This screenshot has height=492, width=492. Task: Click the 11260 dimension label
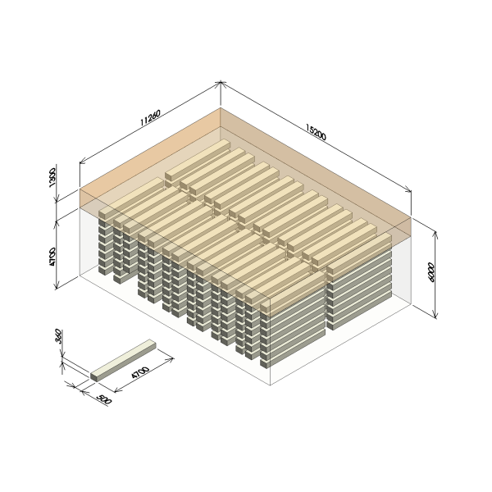tap(150, 117)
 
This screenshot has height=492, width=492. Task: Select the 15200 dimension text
tap(316, 132)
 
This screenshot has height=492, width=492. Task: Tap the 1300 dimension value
tap(52, 178)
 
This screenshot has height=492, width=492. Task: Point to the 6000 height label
tap(431, 272)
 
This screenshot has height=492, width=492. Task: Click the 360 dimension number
tap(59, 336)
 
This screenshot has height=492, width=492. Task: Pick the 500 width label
tap(104, 399)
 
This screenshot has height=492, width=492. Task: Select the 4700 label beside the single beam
tap(140, 372)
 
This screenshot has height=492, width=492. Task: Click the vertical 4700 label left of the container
tap(52, 257)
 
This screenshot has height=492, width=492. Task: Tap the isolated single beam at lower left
tap(123, 361)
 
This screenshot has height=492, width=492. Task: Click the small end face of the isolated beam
tap(93, 377)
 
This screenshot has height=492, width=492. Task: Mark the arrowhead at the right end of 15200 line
tap(408, 189)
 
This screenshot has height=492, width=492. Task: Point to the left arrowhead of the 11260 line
tap(83, 162)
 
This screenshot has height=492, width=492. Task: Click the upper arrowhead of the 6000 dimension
tap(435, 234)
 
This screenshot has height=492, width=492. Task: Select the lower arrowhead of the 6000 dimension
tap(435, 315)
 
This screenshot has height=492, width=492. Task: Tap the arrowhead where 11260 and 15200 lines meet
tap(221, 83)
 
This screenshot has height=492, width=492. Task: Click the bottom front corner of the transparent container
tap(270, 385)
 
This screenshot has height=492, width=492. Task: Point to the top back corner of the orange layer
tap(221, 107)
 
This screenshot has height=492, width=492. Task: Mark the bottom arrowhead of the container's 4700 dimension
tap(57, 285)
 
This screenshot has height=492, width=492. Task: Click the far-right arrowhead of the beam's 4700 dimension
tap(171, 358)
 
